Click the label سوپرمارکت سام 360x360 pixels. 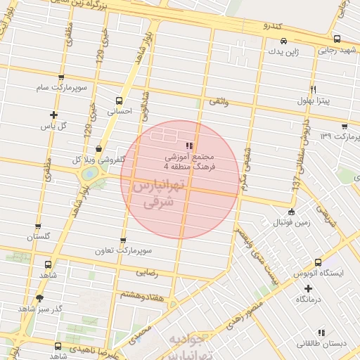[x=62, y=88]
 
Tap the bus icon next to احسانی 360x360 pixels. [x=119, y=100]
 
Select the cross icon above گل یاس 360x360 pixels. [x=53, y=115]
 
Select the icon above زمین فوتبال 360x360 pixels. [x=291, y=212]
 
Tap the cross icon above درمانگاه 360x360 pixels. [x=308, y=288]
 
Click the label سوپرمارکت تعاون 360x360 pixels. [x=124, y=250]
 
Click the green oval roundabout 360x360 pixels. [x=89, y=173]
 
